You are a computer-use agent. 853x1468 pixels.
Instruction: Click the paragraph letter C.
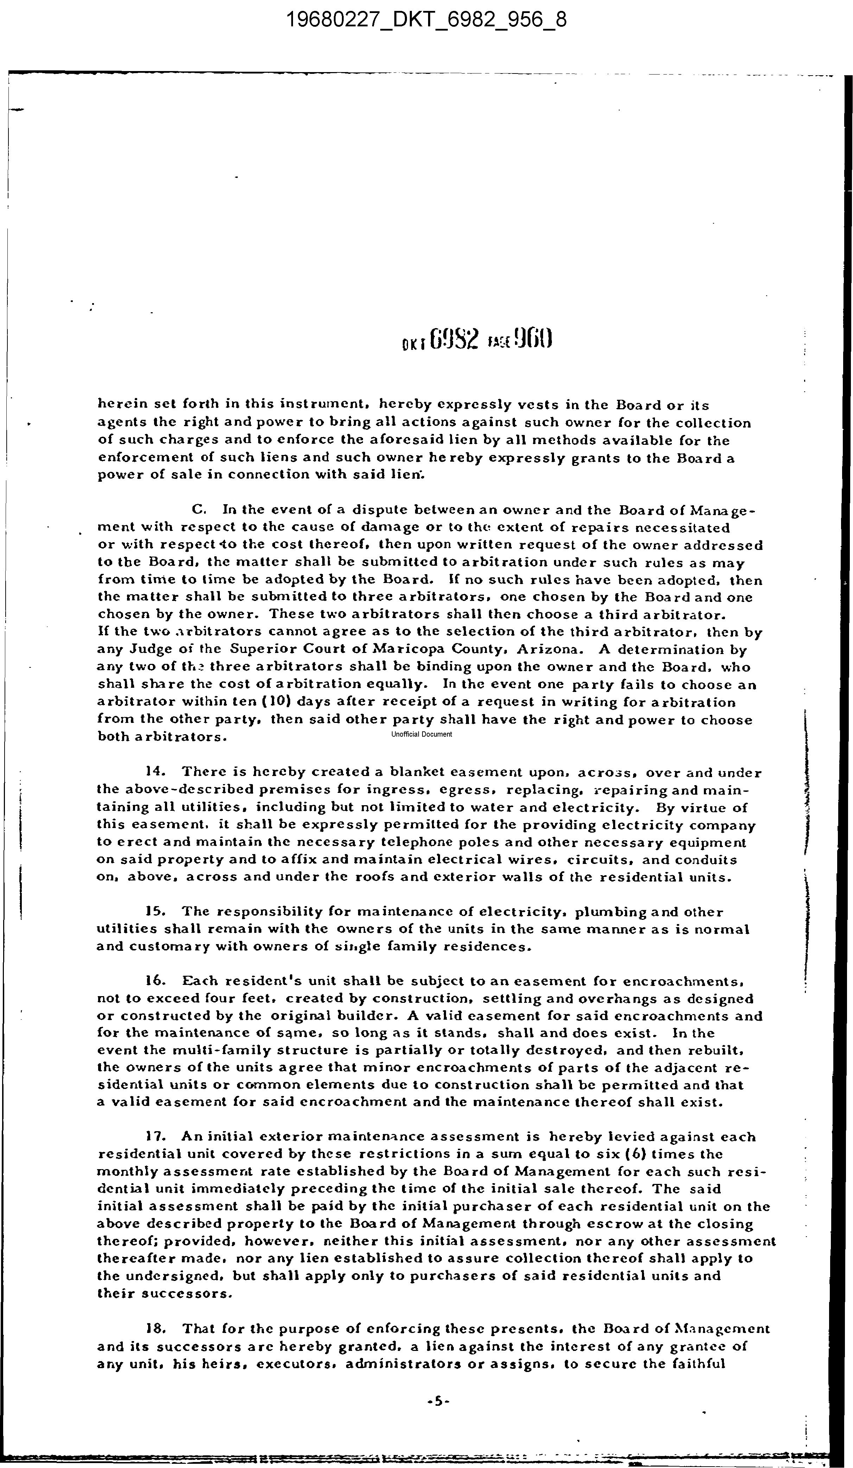(x=199, y=510)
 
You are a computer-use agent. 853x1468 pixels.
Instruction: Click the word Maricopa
(x=407, y=649)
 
